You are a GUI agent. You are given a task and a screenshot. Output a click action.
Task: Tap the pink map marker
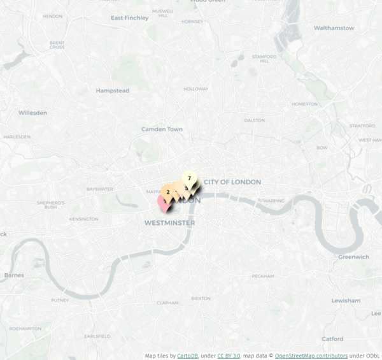point(164,202)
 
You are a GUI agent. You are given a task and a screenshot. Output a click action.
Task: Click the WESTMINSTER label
point(169,223)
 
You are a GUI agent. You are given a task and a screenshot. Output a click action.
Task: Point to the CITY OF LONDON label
point(232,182)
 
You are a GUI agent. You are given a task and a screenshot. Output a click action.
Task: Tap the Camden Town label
point(162,129)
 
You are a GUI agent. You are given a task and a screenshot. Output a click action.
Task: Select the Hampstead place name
point(112,90)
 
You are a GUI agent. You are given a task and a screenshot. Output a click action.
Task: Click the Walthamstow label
point(334,28)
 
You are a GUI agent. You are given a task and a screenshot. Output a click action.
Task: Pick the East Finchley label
point(129,18)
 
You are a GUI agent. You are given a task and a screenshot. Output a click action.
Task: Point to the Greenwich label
point(353,257)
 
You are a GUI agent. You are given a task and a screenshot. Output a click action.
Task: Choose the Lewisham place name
point(346,300)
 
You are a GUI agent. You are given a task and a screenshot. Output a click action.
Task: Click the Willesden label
point(32,113)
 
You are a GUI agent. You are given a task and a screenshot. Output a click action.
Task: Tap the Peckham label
point(263,276)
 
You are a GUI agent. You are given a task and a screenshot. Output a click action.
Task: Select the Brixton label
point(201,298)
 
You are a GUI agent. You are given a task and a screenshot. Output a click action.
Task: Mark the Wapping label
point(274,200)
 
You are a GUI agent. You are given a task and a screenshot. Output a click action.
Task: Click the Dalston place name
point(255,120)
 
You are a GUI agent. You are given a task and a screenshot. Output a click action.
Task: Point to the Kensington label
point(84,219)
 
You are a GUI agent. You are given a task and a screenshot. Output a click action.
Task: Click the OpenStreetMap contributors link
point(311,356)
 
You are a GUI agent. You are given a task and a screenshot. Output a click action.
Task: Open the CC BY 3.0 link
point(229,356)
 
